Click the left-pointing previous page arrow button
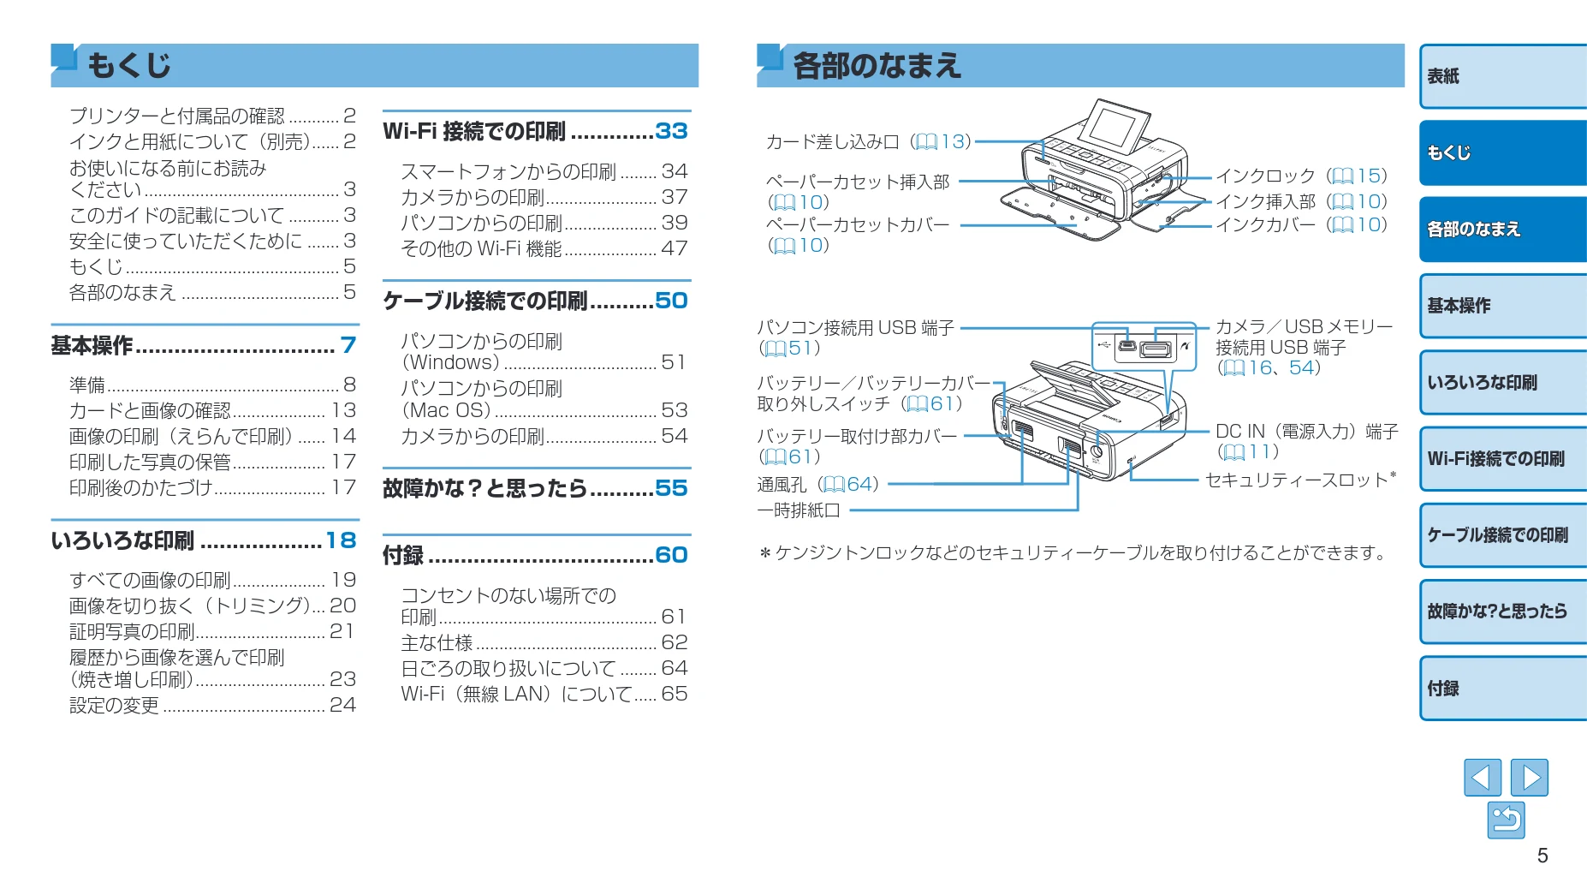coord(1483,778)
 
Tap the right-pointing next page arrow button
coord(1530,778)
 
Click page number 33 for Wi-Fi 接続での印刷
coord(672,131)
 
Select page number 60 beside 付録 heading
coord(672,555)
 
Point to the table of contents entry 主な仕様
coord(437,642)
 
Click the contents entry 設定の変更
coord(114,705)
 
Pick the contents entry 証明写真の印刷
coord(132,631)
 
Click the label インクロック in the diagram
coord(1265,176)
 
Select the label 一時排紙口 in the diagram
coord(799,510)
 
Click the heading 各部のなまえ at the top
coord(877,66)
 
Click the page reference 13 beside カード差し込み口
coord(953,141)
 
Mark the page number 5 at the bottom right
coord(1542,856)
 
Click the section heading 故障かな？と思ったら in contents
coord(484,488)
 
